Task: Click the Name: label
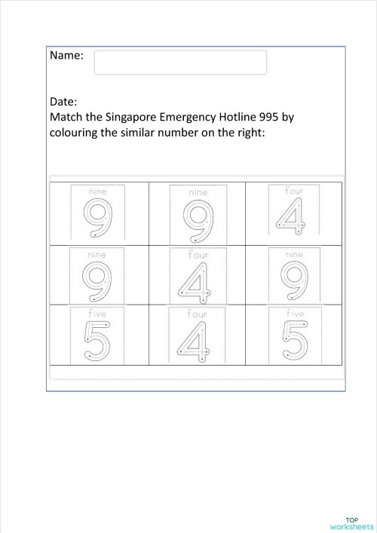click(66, 56)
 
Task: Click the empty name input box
click(180, 63)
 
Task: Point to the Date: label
click(64, 101)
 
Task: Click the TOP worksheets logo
click(351, 522)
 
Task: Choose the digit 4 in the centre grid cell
click(196, 283)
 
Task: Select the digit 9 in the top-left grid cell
click(97, 218)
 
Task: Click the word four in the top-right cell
click(293, 191)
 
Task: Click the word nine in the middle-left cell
click(97, 255)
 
